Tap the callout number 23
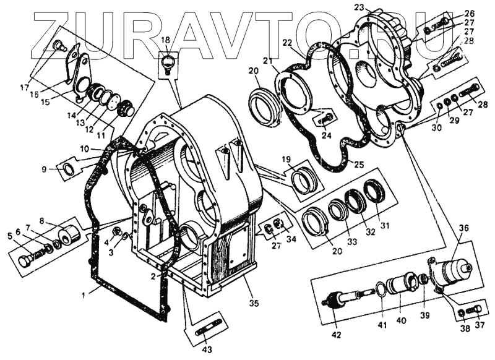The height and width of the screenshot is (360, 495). click(x=358, y=7)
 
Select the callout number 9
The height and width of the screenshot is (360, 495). click(x=44, y=169)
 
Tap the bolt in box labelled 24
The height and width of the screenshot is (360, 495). click(x=326, y=117)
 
